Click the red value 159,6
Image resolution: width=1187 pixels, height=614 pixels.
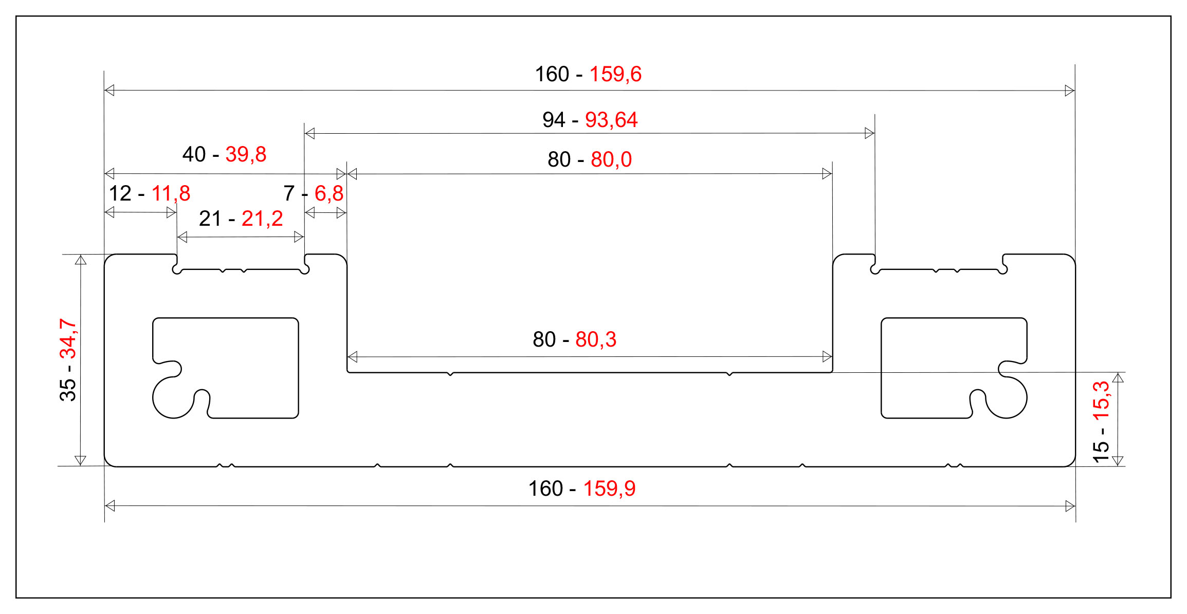tap(615, 75)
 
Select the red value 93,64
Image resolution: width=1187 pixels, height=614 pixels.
tap(611, 120)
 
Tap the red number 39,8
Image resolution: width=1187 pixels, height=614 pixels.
tap(246, 155)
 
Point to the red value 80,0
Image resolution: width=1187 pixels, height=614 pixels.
tap(611, 160)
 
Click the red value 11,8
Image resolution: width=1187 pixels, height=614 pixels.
tap(171, 194)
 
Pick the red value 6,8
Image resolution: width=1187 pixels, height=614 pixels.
tap(329, 194)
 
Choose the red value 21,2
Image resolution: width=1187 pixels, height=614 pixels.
tap(262, 219)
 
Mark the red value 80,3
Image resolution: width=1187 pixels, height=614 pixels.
tap(596, 340)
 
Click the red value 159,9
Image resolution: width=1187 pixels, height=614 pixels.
tap(609, 489)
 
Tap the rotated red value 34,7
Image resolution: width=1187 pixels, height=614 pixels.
tap(68, 339)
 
